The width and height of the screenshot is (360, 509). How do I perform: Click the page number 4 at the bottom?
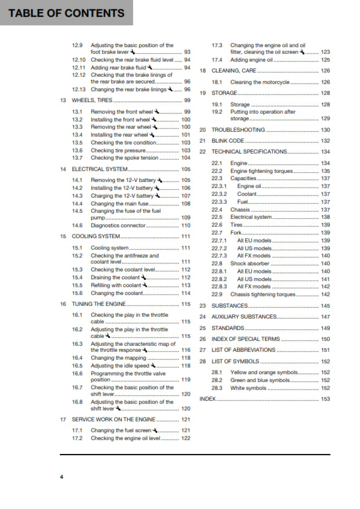(x=61, y=477)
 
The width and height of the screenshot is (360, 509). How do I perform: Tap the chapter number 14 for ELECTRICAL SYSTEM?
(x=63, y=169)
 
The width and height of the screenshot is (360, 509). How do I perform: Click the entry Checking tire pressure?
(x=119, y=150)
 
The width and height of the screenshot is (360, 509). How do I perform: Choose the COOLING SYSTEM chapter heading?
(x=96, y=236)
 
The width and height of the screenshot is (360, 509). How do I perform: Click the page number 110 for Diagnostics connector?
(x=186, y=225)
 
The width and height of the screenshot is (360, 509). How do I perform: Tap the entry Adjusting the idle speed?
(x=120, y=366)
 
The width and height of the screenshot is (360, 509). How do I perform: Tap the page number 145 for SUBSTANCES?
(x=326, y=306)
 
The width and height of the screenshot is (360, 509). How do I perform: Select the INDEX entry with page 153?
(x=208, y=399)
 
